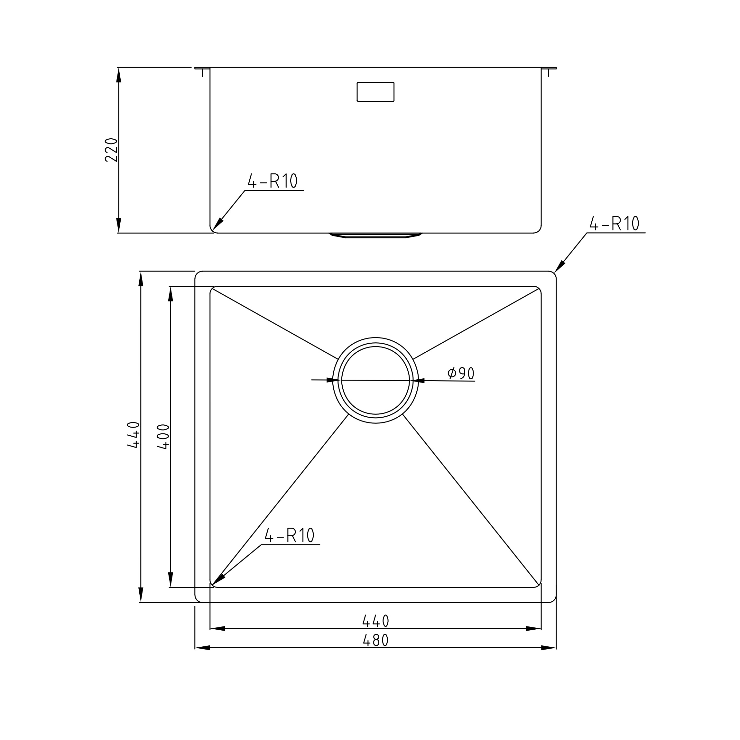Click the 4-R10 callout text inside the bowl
pos(289,535)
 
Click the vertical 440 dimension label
pos(133,435)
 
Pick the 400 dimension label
pos(163,437)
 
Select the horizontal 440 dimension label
pos(376,621)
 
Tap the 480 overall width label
pos(376,640)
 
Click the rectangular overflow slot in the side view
pos(375,92)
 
